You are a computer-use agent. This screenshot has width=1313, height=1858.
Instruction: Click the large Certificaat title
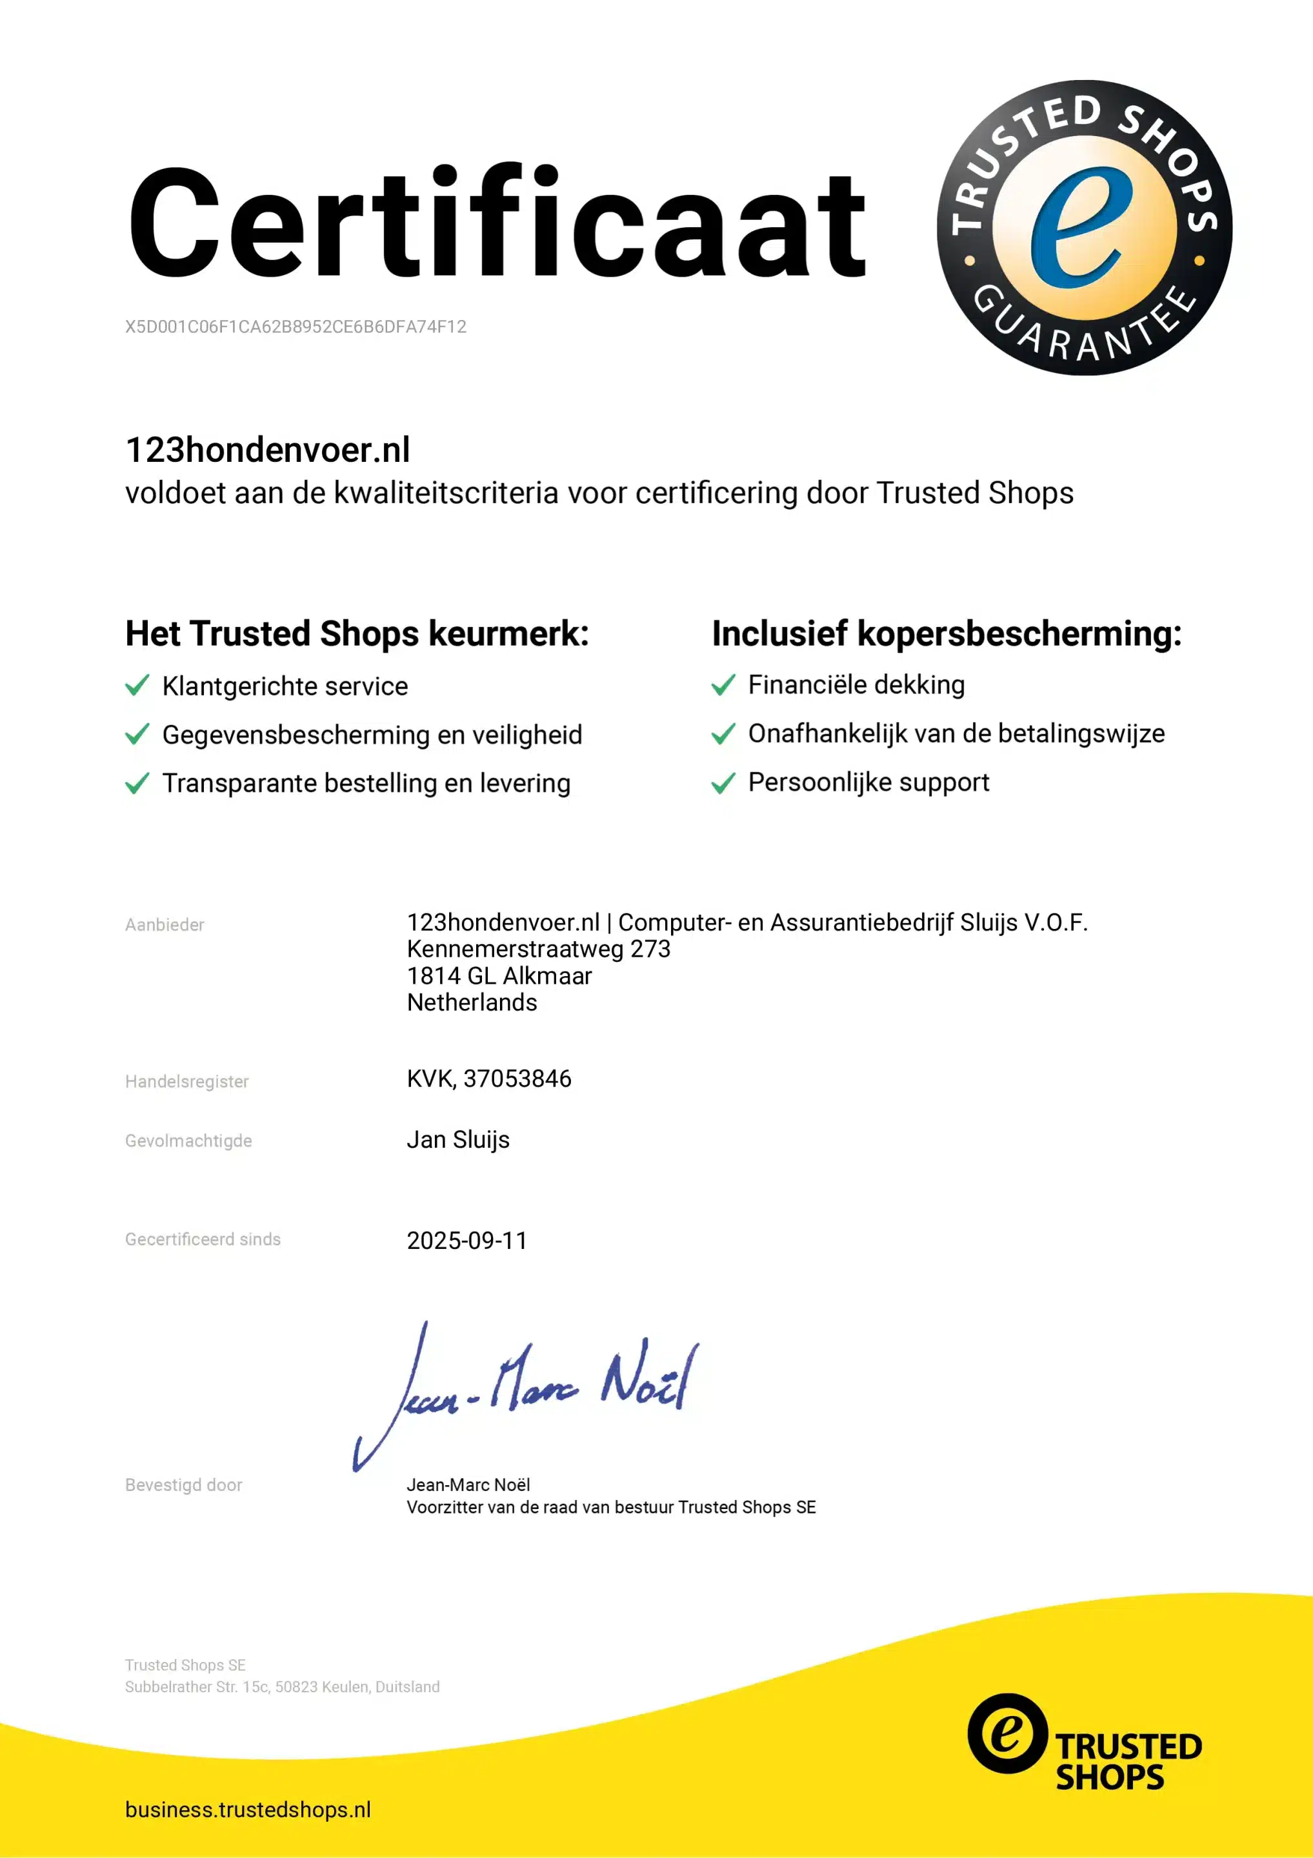click(496, 222)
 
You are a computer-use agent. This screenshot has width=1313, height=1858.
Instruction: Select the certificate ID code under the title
click(296, 327)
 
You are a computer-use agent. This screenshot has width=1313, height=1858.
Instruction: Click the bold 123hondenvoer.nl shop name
click(267, 450)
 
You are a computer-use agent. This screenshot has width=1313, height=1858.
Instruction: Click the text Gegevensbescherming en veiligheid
click(372, 735)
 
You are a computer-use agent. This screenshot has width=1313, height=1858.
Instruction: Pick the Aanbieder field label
click(165, 925)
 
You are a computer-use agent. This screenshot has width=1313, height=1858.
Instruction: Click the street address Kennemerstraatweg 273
click(538, 949)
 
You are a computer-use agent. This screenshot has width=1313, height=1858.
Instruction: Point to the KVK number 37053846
click(516, 1079)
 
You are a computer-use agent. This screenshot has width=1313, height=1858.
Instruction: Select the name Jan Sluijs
click(458, 1140)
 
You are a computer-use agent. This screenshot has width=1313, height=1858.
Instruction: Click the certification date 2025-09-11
click(466, 1241)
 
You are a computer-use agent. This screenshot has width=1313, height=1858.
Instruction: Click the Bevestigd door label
click(184, 1485)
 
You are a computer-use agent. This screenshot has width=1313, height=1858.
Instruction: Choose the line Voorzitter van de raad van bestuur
click(611, 1507)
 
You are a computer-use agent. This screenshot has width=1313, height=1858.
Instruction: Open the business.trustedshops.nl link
click(248, 1810)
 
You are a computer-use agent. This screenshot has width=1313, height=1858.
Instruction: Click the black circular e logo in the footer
click(1007, 1733)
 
